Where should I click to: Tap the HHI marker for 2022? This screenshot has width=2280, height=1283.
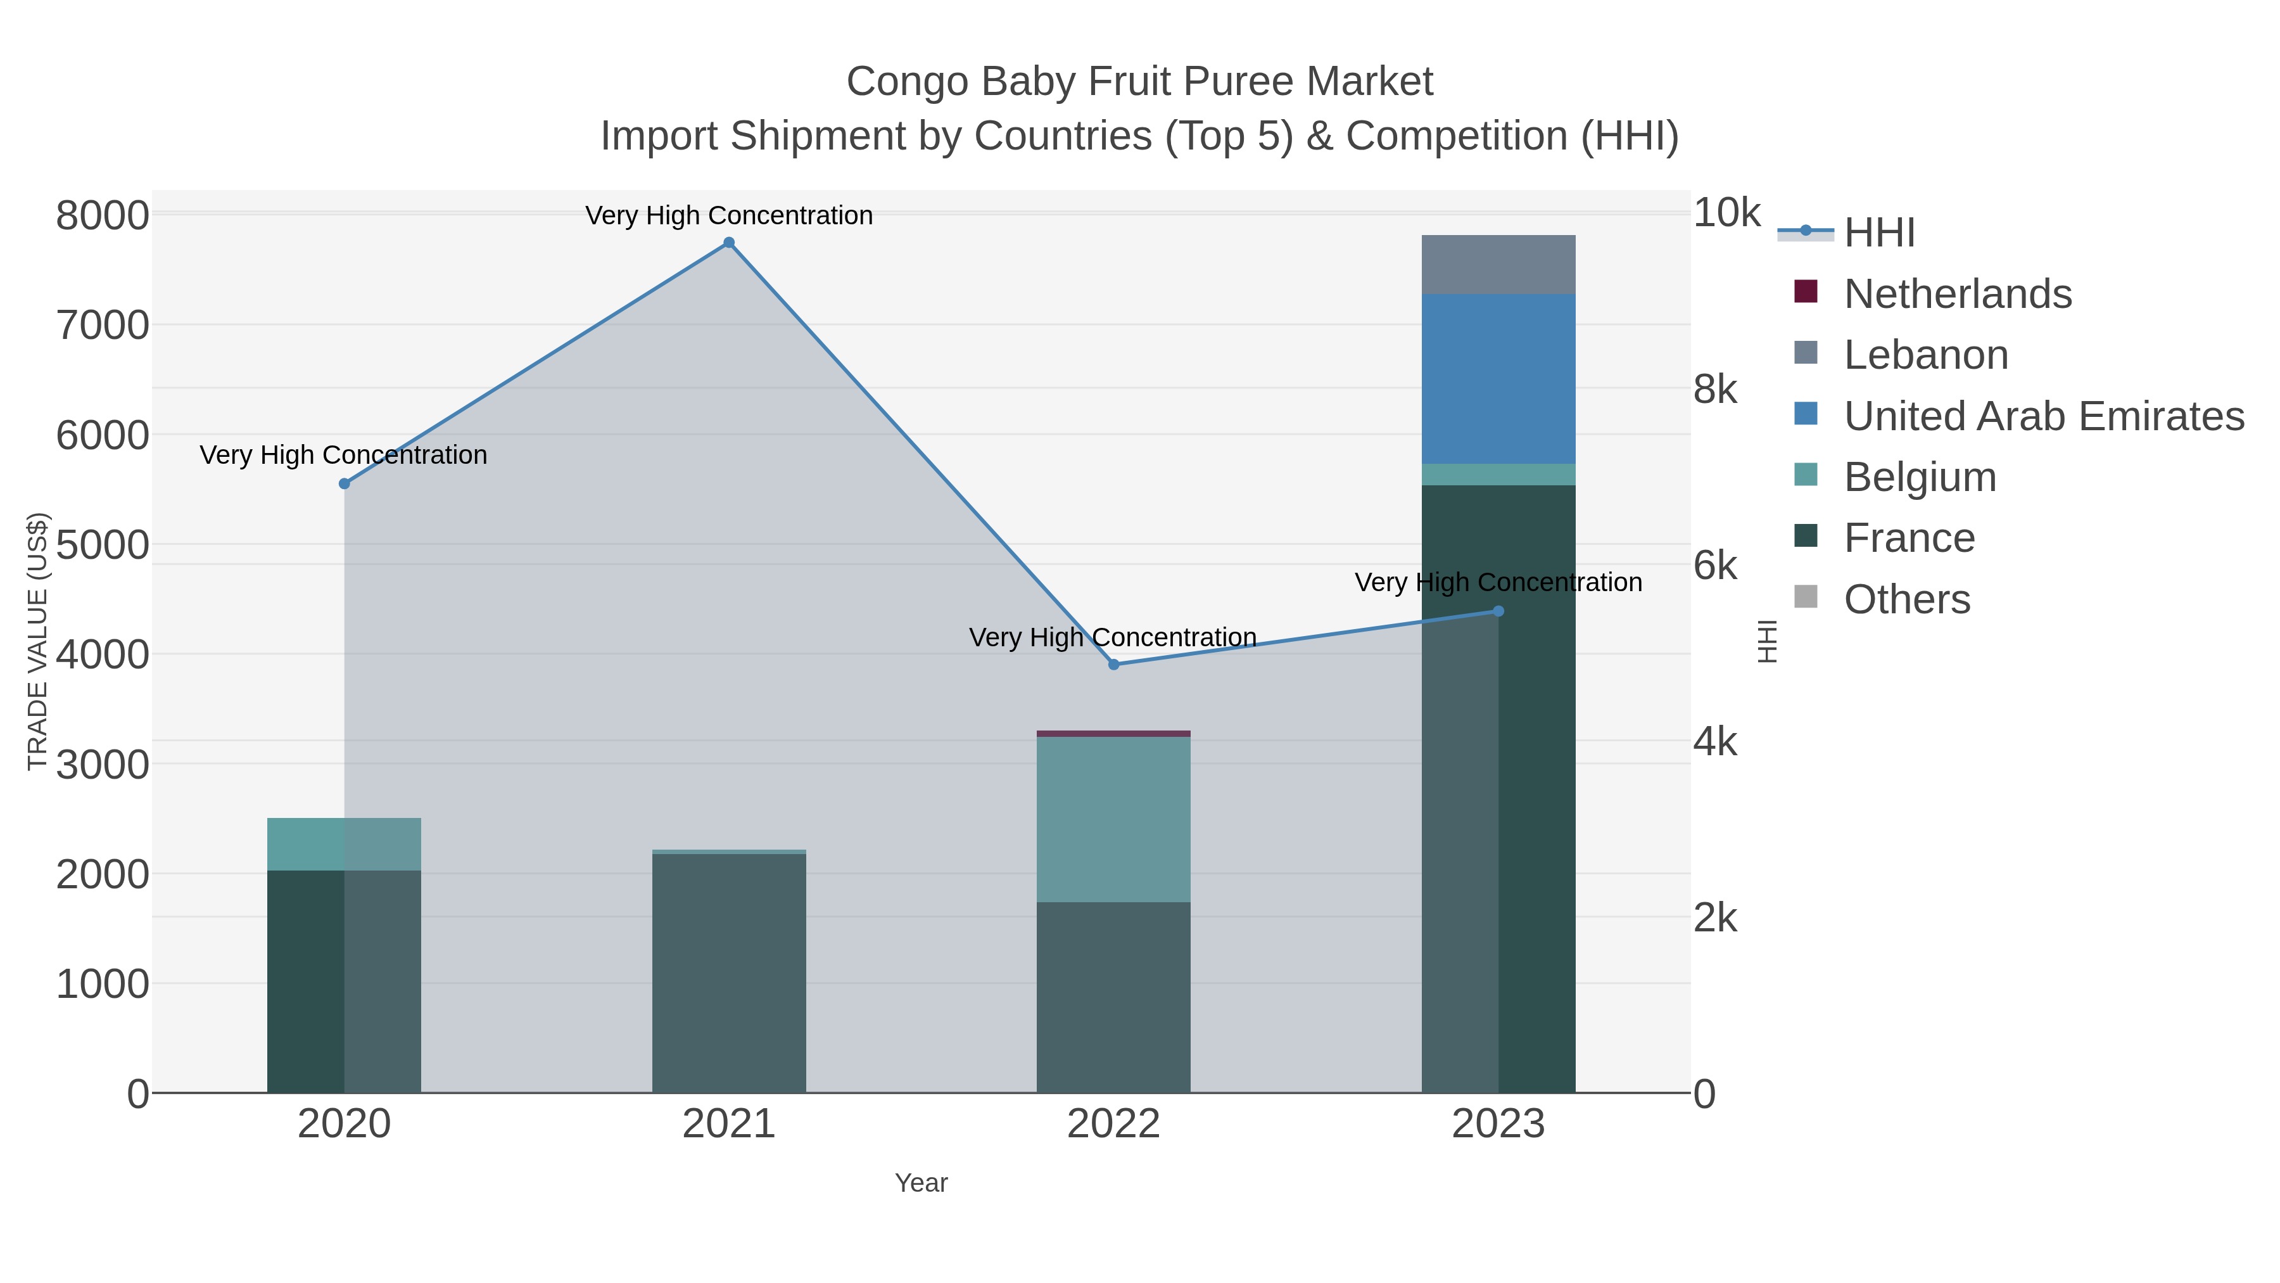click(1113, 664)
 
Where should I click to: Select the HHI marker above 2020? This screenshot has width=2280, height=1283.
click(345, 483)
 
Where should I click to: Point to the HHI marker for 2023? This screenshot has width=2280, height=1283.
click(1498, 611)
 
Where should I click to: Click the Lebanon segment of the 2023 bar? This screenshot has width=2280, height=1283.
click(1498, 265)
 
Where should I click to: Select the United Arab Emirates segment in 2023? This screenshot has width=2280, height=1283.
click(1498, 379)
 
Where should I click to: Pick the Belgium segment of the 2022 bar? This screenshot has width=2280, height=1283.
click(1113, 819)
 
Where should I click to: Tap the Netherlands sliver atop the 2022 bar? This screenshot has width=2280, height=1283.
click(1113, 733)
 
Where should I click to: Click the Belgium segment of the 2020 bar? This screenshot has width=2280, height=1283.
click(345, 844)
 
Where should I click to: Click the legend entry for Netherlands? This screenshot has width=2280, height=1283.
click(1957, 294)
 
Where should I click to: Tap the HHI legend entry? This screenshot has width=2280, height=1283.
click(1878, 233)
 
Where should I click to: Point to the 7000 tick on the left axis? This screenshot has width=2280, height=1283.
click(103, 326)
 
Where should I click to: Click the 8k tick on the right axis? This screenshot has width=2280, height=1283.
click(1714, 390)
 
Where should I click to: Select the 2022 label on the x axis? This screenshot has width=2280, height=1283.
click(1113, 1125)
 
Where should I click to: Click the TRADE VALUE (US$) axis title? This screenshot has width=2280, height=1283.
click(37, 641)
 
